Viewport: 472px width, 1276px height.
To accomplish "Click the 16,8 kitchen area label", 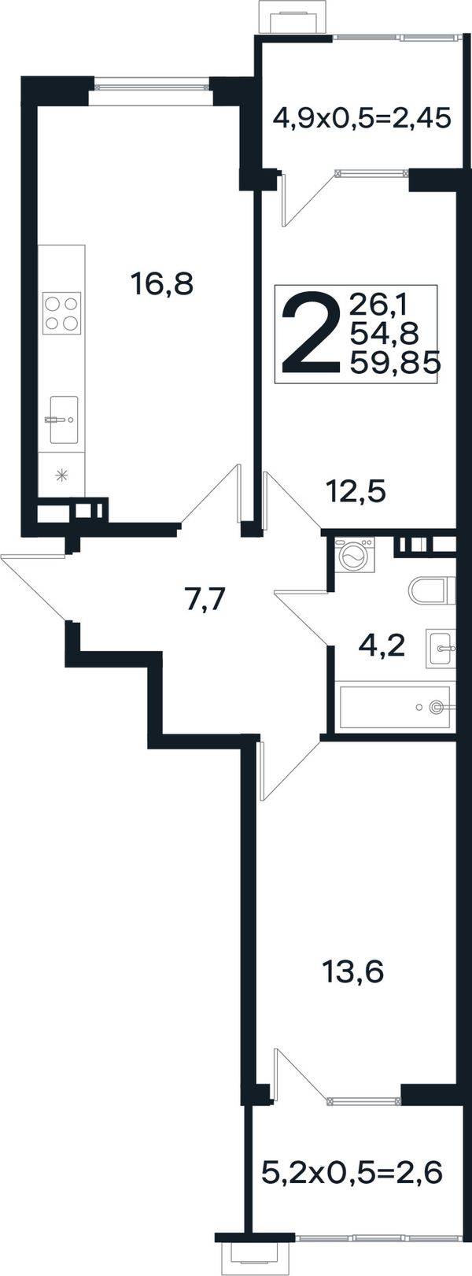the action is pyautogui.click(x=162, y=283).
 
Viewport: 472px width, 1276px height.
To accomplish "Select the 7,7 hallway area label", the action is pyautogui.click(x=207, y=600).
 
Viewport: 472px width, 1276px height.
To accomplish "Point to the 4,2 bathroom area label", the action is pyautogui.click(x=382, y=646).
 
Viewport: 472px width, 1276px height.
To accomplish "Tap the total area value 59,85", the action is pyautogui.click(x=396, y=362).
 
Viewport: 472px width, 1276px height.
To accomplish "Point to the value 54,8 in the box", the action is pyautogui.click(x=384, y=332).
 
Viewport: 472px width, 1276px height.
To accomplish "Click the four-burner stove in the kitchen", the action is pyautogui.click(x=62, y=313).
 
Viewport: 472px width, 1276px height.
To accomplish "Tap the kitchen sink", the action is pyautogui.click(x=62, y=420).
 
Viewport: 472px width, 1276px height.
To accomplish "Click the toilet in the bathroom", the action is pyautogui.click(x=433, y=590).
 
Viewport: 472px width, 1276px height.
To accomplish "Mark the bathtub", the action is pyautogui.click(x=396, y=707).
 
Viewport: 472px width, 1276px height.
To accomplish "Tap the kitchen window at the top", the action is pyautogui.click(x=150, y=87).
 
